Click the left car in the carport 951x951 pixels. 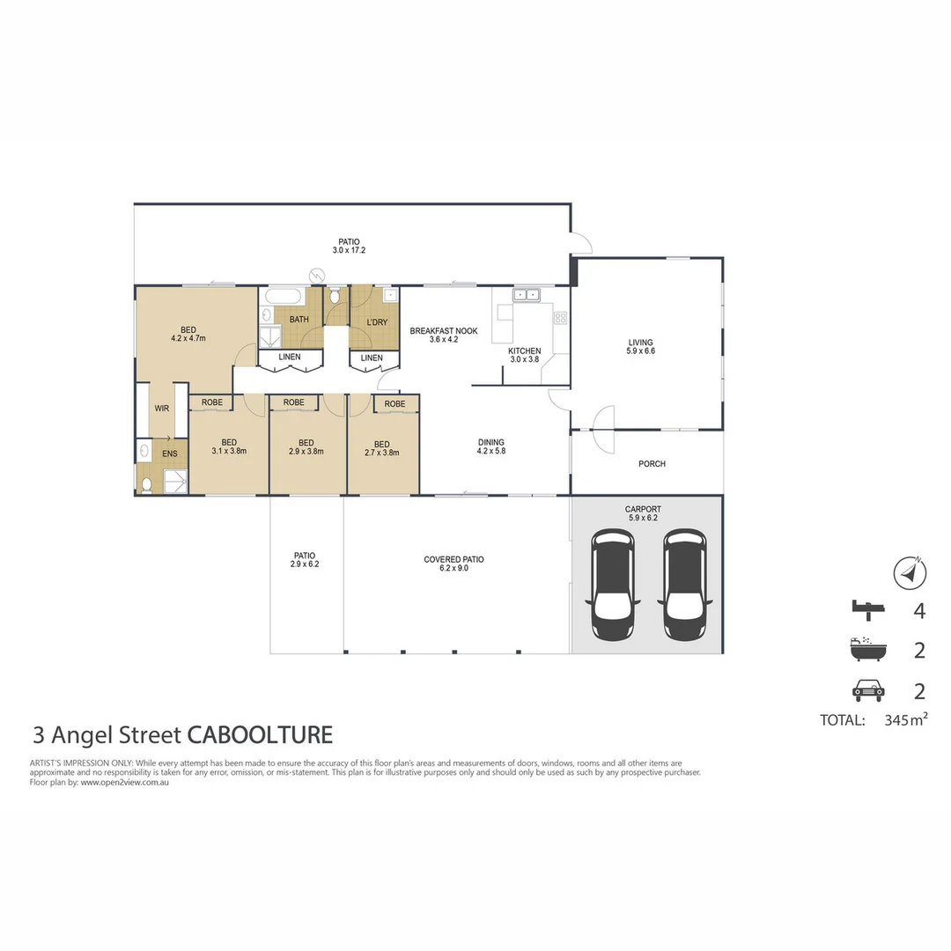pyautogui.click(x=614, y=585)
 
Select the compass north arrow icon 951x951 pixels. pyautogui.click(x=910, y=573)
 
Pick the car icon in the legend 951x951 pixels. pyautogui.click(x=866, y=690)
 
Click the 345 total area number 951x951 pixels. pyautogui.click(x=884, y=719)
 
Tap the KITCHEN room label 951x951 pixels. pyautogui.click(x=525, y=351)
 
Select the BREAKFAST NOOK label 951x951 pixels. pyautogui.click(x=444, y=331)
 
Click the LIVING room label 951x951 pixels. pyautogui.click(x=641, y=343)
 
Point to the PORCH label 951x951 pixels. pyautogui.click(x=652, y=464)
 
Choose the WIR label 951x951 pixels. pyautogui.click(x=162, y=409)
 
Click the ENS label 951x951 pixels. pyautogui.click(x=170, y=454)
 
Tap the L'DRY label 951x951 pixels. pyautogui.click(x=377, y=322)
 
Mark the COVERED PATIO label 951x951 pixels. pyautogui.click(x=453, y=559)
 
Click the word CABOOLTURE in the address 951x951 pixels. pyautogui.click(x=260, y=734)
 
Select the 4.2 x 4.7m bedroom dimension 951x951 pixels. pyautogui.click(x=188, y=336)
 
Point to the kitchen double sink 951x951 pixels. pyautogui.click(x=527, y=295)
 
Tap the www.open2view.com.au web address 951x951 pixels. pyautogui.click(x=124, y=782)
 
